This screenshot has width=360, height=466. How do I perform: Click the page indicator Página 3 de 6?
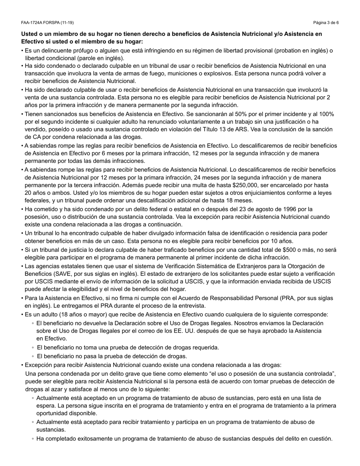pyautogui.click(x=326, y=23)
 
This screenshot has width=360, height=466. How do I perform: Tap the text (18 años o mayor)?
pyautogui.click(x=71, y=314)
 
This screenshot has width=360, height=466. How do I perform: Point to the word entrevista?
pyautogui.click(x=193, y=305)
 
